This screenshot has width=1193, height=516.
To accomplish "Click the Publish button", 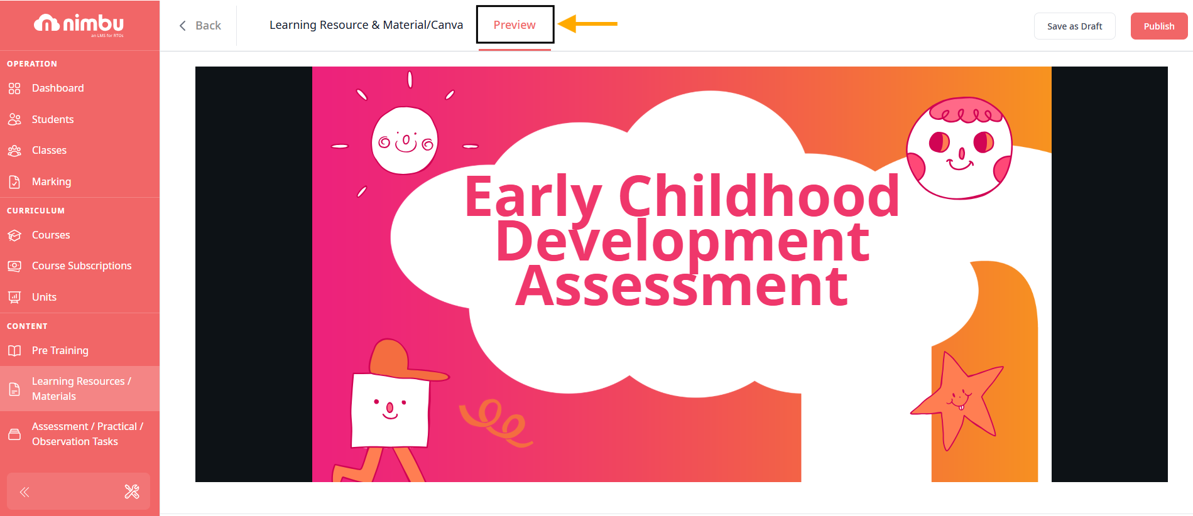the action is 1158,26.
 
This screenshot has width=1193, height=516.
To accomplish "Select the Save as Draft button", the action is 1074,26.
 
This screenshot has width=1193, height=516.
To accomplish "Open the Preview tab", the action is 515,25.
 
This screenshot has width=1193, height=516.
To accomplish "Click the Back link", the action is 200,26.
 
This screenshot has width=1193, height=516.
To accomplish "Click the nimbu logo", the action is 79,24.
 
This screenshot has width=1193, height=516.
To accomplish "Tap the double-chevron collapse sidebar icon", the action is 25,492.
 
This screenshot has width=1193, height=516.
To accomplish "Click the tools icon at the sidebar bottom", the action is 132,492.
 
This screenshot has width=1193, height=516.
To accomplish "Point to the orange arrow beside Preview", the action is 587,24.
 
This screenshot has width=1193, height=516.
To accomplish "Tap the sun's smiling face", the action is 405,141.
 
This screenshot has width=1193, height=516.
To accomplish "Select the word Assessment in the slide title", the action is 682,286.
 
